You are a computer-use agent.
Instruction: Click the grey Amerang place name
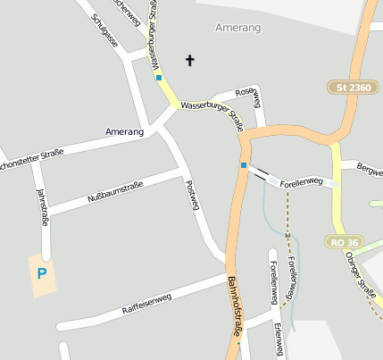[238, 29]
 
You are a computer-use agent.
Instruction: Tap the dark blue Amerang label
[124, 132]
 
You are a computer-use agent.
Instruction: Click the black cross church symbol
[189, 60]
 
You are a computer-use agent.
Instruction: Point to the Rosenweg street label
[247, 92]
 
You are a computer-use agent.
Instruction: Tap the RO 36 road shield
[345, 242]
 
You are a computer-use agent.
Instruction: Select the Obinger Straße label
[362, 277]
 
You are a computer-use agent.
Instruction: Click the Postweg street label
[190, 195]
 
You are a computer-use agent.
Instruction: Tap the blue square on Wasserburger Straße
[159, 78]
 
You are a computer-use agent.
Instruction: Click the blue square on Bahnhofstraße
[243, 165]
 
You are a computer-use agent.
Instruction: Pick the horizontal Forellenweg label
[300, 181]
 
